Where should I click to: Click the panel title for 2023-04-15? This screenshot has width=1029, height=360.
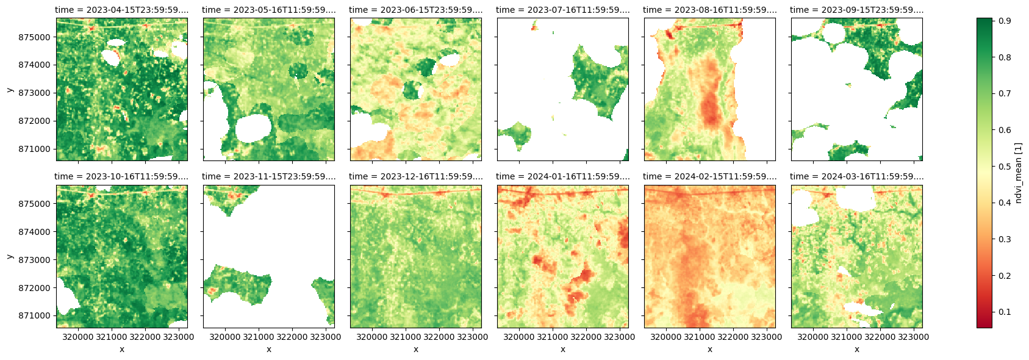click(x=121, y=10)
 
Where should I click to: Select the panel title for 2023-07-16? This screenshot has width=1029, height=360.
click(x=562, y=10)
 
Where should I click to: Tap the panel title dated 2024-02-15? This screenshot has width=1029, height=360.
click(x=709, y=176)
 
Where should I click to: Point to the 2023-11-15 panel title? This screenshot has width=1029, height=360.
click(x=268, y=176)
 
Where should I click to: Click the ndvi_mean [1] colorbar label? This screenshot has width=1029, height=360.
click(x=1018, y=173)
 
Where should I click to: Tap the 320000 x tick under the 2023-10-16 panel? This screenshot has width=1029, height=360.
click(x=78, y=336)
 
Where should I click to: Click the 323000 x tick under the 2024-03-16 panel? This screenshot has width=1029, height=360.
click(x=913, y=336)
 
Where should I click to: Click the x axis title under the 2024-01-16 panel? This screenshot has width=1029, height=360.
click(x=562, y=349)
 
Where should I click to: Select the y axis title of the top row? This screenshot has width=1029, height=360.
click(x=10, y=90)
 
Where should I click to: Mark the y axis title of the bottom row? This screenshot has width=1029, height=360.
click(x=10, y=256)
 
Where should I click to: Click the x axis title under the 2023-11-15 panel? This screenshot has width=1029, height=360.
click(x=268, y=349)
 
